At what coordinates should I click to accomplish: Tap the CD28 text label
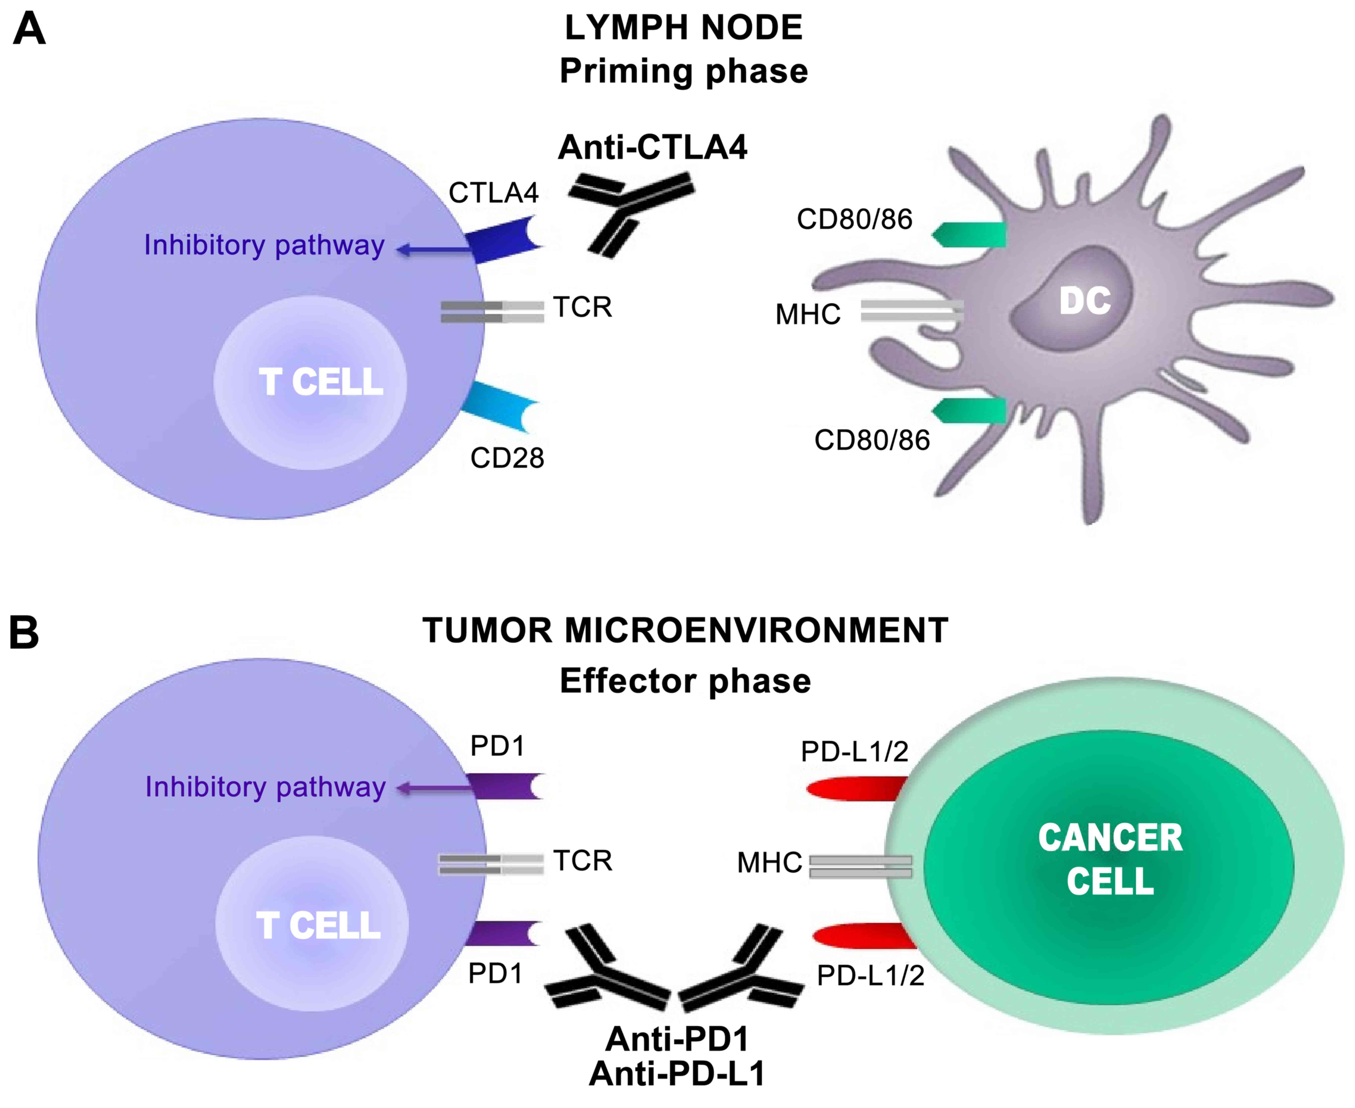click(x=507, y=458)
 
